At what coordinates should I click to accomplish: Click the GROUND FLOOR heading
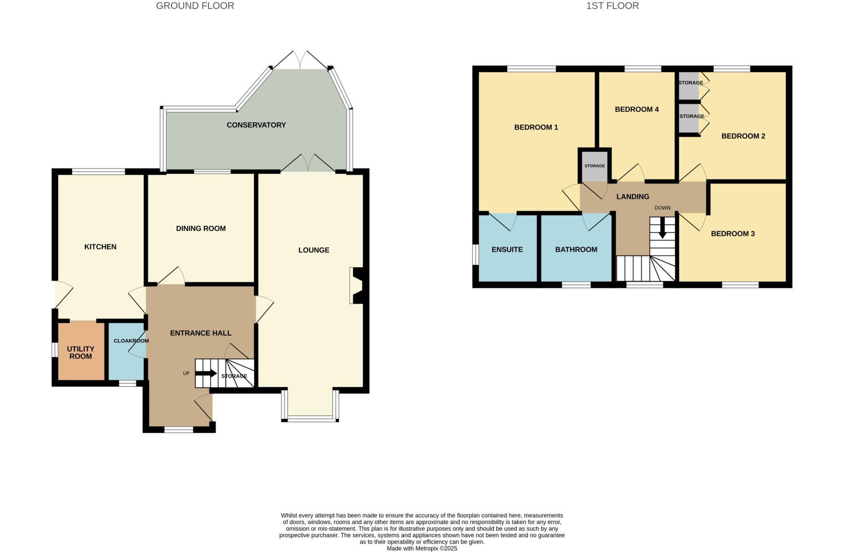(x=195, y=6)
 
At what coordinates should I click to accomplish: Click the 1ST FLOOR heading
(x=612, y=6)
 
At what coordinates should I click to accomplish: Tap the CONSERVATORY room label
(x=256, y=125)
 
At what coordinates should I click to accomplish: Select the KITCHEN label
(x=100, y=247)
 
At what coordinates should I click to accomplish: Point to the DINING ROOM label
(x=201, y=229)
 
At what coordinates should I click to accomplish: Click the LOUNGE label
(x=314, y=250)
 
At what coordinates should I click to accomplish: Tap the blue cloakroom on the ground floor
(x=125, y=359)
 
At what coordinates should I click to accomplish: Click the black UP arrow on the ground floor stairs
(x=208, y=373)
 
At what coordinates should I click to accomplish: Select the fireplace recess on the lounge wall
(x=355, y=285)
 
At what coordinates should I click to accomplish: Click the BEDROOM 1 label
(x=536, y=127)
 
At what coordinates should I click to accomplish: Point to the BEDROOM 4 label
(x=636, y=109)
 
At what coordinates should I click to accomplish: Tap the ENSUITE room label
(x=507, y=250)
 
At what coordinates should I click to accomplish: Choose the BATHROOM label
(x=576, y=250)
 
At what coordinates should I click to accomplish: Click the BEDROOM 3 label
(x=732, y=234)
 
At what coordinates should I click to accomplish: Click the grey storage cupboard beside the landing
(x=594, y=166)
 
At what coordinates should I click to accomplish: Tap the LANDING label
(x=633, y=197)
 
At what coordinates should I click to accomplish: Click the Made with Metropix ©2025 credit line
(x=422, y=548)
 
